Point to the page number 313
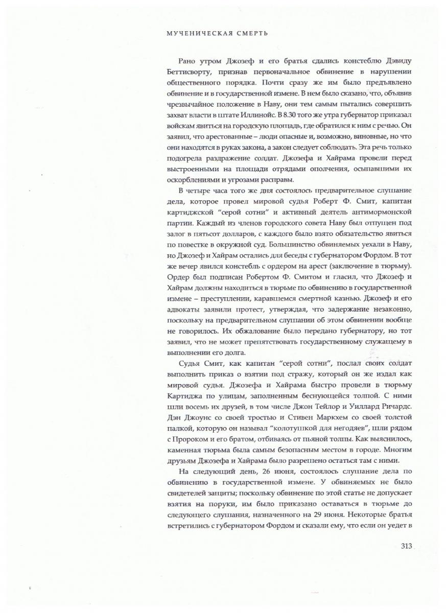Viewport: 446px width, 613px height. (406, 546)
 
